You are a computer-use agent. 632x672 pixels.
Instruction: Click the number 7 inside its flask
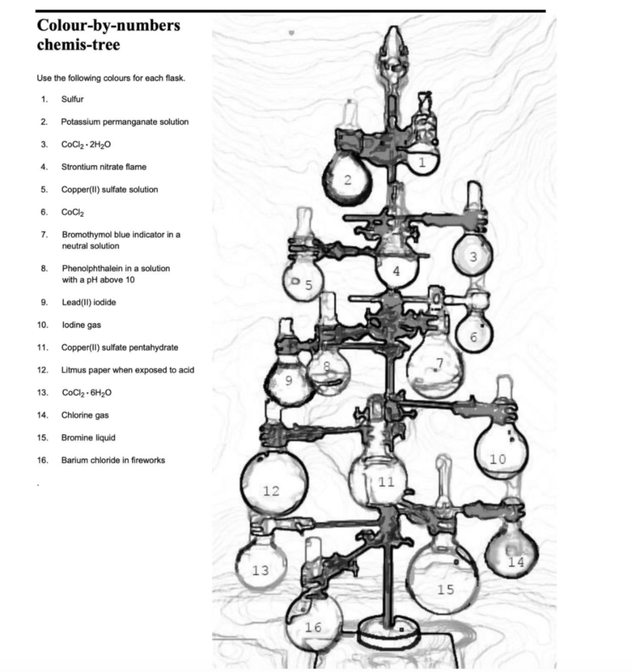pos(439,364)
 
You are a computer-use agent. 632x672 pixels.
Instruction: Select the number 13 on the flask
pos(261,570)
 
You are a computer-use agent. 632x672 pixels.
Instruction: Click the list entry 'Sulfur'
pos(72,99)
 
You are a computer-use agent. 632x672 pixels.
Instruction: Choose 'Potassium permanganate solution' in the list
pos(125,121)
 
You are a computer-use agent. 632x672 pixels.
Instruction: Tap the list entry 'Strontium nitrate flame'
pos(104,167)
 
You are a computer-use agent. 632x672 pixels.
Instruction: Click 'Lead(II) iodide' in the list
pos(89,302)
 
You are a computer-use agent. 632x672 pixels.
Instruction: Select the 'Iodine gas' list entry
pos(81,325)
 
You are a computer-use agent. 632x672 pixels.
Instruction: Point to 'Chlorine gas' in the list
pos(85,415)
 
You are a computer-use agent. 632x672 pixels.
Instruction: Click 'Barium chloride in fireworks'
pos(113,460)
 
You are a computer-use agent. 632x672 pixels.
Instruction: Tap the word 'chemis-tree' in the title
pos(78,47)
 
